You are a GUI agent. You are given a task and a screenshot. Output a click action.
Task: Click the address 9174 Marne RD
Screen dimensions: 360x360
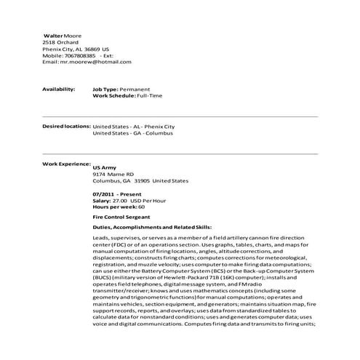click(x=113, y=175)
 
